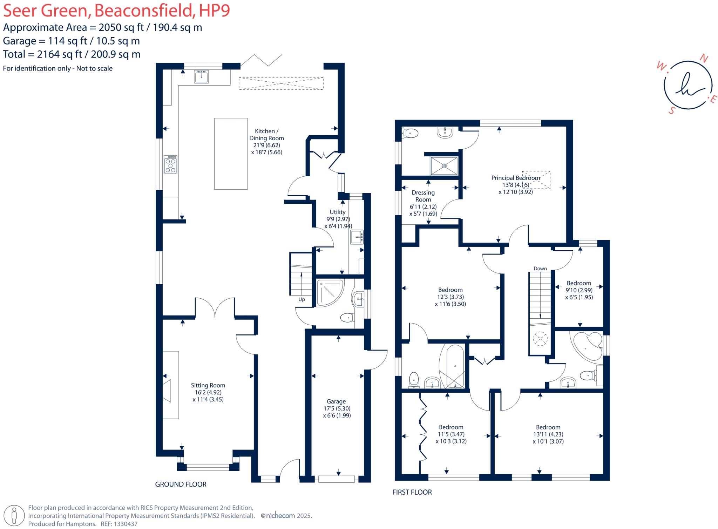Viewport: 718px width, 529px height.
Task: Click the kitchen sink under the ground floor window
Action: click(201, 76)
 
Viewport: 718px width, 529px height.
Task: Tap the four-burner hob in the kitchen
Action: click(171, 165)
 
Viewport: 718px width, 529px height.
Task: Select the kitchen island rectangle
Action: click(231, 154)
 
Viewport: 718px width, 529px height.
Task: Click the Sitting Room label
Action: click(208, 385)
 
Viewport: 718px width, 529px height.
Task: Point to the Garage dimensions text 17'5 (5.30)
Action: click(337, 408)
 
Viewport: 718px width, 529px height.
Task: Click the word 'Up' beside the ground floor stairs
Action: click(302, 299)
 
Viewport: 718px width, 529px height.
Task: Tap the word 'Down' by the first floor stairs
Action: click(540, 269)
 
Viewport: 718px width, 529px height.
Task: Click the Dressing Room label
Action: click(423, 196)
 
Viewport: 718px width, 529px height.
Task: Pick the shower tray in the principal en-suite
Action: click(444, 165)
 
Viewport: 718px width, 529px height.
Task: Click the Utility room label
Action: click(337, 212)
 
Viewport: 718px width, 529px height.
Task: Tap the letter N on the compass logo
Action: click(703, 59)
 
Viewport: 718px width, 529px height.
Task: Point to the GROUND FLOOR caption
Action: click(181, 484)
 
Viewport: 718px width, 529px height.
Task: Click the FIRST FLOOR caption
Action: click(412, 492)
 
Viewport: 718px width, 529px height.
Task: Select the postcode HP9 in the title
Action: click(214, 11)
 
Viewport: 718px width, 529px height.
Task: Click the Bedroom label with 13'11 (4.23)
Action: click(548, 427)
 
